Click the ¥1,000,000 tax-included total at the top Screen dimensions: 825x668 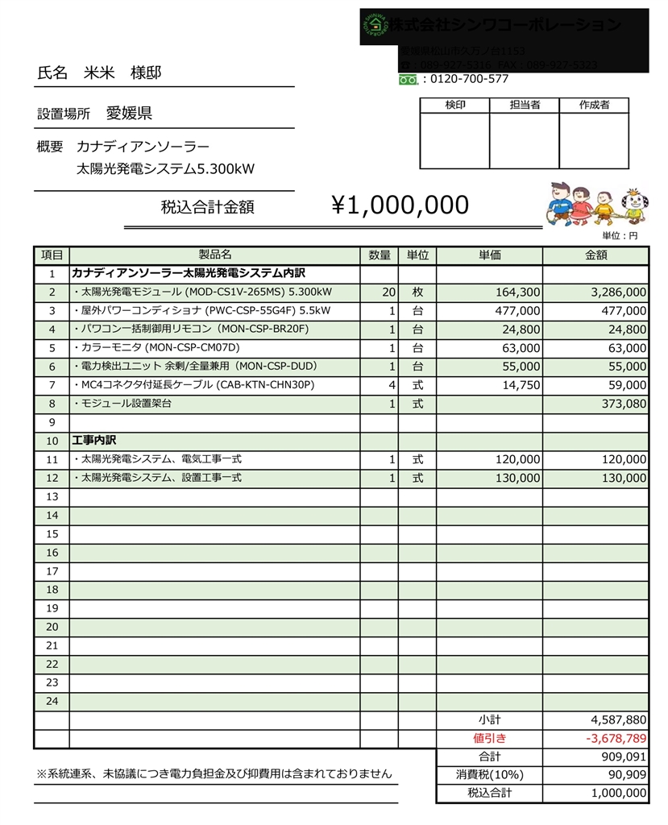[x=400, y=205]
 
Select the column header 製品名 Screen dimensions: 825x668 [x=214, y=255]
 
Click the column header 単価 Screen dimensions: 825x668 [x=489, y=255]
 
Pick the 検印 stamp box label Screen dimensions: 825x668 [x=454, y=106]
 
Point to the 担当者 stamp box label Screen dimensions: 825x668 [x=525, y=106]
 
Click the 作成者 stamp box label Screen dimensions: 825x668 [x=594, y=106]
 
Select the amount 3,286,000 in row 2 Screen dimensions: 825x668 [x=618, y=292]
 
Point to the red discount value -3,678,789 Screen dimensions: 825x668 [x=616, y=738]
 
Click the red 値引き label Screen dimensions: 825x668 [x=489, y=738]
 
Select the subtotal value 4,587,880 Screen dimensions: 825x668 [x=618, y=719]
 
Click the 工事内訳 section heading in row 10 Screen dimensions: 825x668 [x=94, y=441]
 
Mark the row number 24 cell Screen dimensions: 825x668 [x=52, y=701]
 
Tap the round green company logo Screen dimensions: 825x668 [x=375, y=26]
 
